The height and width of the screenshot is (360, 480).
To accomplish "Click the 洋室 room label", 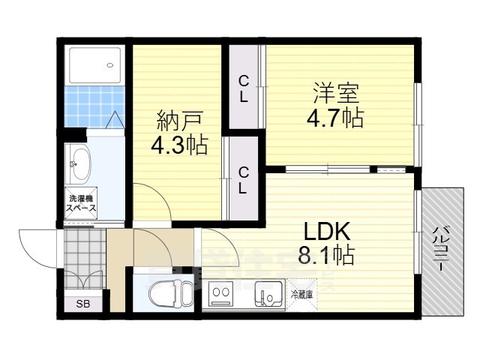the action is click(335, 94).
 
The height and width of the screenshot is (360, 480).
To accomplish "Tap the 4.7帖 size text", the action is click(335, 118).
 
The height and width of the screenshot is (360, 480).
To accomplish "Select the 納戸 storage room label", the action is click(180, 121).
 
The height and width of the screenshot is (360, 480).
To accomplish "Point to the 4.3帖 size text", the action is click(180, 145).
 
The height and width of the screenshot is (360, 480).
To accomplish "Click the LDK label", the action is click(327, 232).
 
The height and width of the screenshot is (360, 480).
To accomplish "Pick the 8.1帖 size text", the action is click(327, 255).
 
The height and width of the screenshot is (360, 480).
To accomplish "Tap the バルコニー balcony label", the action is click(441, 248).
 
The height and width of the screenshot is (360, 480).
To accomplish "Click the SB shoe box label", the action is click(83, 304).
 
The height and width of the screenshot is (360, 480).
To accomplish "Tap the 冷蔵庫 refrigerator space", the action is click(301, 295).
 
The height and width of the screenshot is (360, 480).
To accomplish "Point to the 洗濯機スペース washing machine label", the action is click(82, 203).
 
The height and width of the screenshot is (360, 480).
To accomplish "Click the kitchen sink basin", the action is click(268, 293).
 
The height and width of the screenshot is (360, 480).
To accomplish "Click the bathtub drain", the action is click(110, 65).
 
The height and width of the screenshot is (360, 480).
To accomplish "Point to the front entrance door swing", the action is click(38, 247).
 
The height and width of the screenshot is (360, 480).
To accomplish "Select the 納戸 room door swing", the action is click(152, 202).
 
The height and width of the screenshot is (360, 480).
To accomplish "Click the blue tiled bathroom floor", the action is click(94, 106).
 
